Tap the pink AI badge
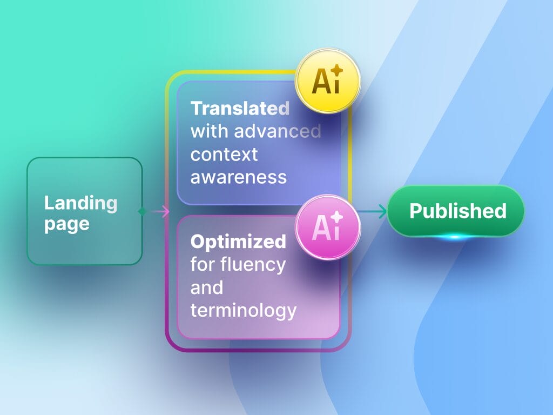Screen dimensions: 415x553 pyautogui.click(x=328, y=227)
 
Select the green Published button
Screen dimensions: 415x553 pyautogui.click(x=456, y=211)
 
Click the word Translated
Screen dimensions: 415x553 pyautogui.click(x=240, y=108)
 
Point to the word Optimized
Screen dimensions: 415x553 pyautogui.click(x=238, y=242)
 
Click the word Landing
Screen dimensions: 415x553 pyautogui.click(x=80, y=203)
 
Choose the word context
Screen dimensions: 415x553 pyautogui.click(x=224, y=155)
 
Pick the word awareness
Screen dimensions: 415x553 pyautogui.click(x=239, y=177)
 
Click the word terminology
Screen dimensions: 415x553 pyautogui.click(x=244, y=311)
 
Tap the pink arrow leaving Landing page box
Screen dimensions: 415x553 pyautogui.click(x=160, y=212)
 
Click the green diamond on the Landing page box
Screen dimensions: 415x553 pyautogui.click(x=143, y=211)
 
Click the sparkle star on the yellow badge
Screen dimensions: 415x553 pyautogui.click(x=338, y=71)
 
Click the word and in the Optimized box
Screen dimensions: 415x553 pyautogui.click(x=207, y=287)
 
